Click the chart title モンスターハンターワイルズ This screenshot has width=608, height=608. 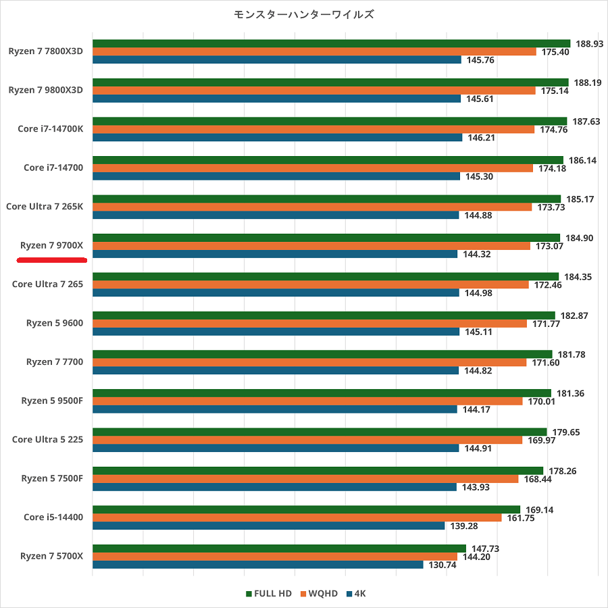tap(304, 14)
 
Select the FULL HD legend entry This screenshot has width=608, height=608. tap(269, 593)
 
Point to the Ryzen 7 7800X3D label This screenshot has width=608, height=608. tap(47, 51)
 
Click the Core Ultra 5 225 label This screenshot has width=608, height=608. tap(47, 440)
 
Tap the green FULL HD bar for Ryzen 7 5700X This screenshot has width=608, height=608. tap(279, 549)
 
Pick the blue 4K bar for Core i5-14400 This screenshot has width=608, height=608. tap(268, 526)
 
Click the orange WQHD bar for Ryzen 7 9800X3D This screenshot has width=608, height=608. tap(313, 91)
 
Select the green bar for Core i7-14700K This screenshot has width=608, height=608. tap(330, 121)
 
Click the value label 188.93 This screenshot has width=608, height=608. tap(589, 43)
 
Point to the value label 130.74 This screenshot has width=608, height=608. tap(442, 565)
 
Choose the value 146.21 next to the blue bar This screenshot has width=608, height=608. tap(481, 137)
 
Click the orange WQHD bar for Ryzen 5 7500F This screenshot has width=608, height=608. tap(305, 479)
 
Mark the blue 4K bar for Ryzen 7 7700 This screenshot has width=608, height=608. tap(276, 370)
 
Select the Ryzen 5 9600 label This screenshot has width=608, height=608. tap(55, 323)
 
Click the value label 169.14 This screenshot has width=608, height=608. tap(539, 510)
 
